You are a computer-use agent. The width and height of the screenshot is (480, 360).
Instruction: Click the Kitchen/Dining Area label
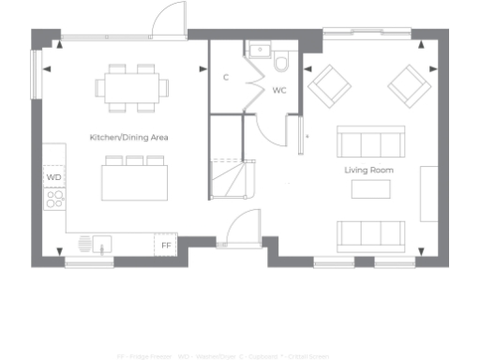click(x=128, y=137)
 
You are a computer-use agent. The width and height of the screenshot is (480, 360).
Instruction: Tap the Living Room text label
click(x=368, y=170)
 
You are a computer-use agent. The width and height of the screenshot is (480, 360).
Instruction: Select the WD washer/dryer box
click(x=53, y=176)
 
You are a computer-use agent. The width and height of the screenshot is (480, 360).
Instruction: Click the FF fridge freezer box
click(x=166, y=245)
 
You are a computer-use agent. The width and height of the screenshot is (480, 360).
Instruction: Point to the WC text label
click(x=279, y=91)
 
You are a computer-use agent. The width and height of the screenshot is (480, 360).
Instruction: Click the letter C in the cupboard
click(x=226, y=77)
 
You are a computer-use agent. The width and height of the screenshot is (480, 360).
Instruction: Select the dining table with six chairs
click(x=131, y=86)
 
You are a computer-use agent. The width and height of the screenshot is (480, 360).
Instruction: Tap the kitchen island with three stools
click(x=135, y=178)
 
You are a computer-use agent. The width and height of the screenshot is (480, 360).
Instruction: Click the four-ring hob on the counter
click(x=54, y=199)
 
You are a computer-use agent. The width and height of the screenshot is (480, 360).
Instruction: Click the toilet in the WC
click(x=282, y=62)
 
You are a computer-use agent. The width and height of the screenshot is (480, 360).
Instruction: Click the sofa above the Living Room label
click(x=370, y=144)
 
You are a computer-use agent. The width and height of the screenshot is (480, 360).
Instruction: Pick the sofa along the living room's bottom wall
click(x=370, y=233)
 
